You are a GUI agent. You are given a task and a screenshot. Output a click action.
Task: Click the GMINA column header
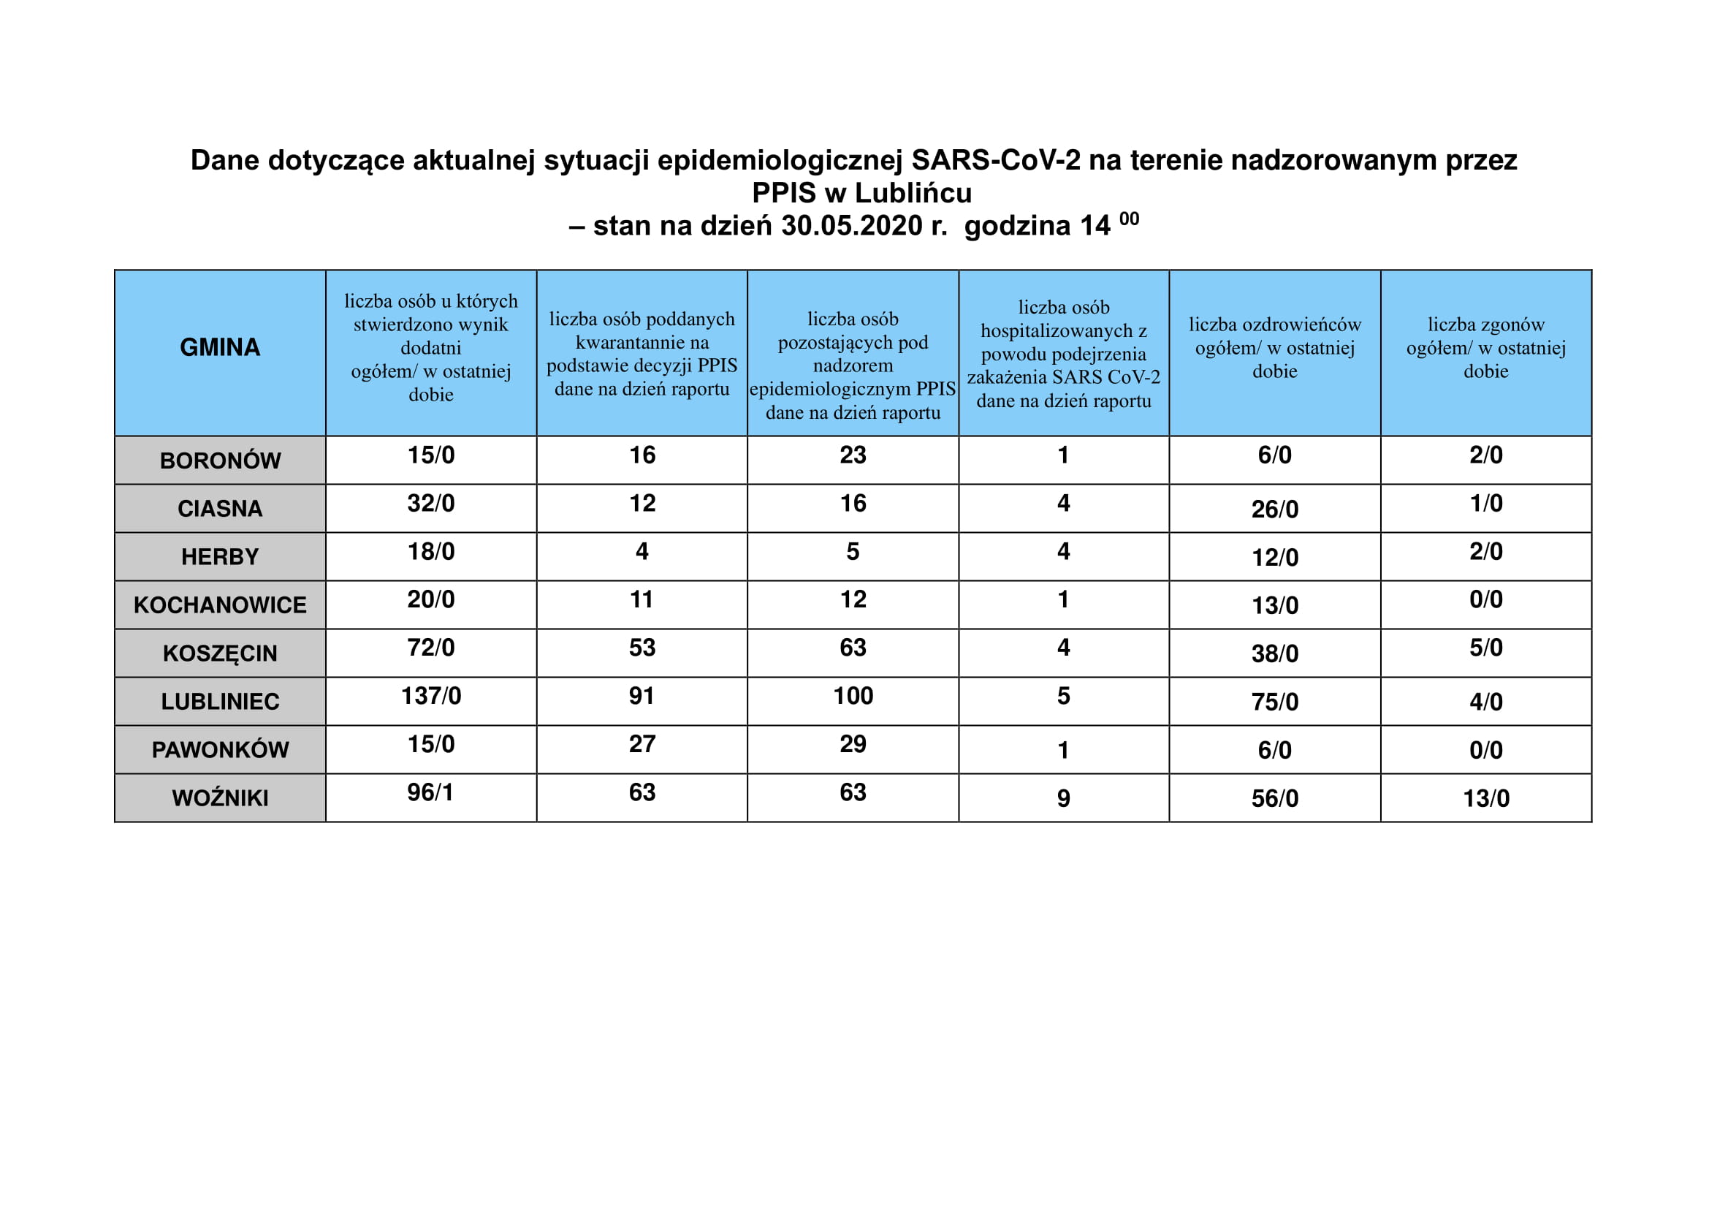coord(220,347)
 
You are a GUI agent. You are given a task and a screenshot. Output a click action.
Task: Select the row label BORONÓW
coord(220,461)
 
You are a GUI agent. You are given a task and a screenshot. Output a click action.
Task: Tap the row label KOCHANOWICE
coord(220,605)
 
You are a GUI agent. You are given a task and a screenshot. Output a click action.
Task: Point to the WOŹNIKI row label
coord(220,798)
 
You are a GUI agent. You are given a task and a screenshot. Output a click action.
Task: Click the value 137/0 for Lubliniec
coord(431,696)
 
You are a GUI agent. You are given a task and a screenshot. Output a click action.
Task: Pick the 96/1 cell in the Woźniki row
coord(430,792)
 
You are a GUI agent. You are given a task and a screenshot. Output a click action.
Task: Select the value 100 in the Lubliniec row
coord(852,696)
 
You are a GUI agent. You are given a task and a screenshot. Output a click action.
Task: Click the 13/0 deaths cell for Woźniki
coord(1485,798)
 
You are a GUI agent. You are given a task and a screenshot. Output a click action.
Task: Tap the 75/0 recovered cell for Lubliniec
coord(1274,701)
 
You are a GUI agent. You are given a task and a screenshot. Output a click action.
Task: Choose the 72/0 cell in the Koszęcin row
coord(431,648)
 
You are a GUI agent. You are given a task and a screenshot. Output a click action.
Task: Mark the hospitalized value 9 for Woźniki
coord(1063,798)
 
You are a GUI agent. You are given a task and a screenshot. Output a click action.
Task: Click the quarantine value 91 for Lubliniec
coord(642,696)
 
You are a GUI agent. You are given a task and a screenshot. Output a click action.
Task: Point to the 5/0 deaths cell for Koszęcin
coord(1485,648)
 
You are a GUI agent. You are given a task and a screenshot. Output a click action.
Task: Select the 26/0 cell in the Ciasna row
coord(1274,509)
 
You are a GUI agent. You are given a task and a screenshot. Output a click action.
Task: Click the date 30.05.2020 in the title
coord(851,226)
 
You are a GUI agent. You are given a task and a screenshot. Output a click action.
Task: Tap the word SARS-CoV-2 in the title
coord(996,160)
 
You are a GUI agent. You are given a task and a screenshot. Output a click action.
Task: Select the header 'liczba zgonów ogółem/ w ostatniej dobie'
coord(1485,348)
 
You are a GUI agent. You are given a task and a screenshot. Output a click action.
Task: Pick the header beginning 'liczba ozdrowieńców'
coord(1274,348)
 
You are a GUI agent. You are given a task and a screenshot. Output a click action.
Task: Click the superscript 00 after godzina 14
coord(1128,219)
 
